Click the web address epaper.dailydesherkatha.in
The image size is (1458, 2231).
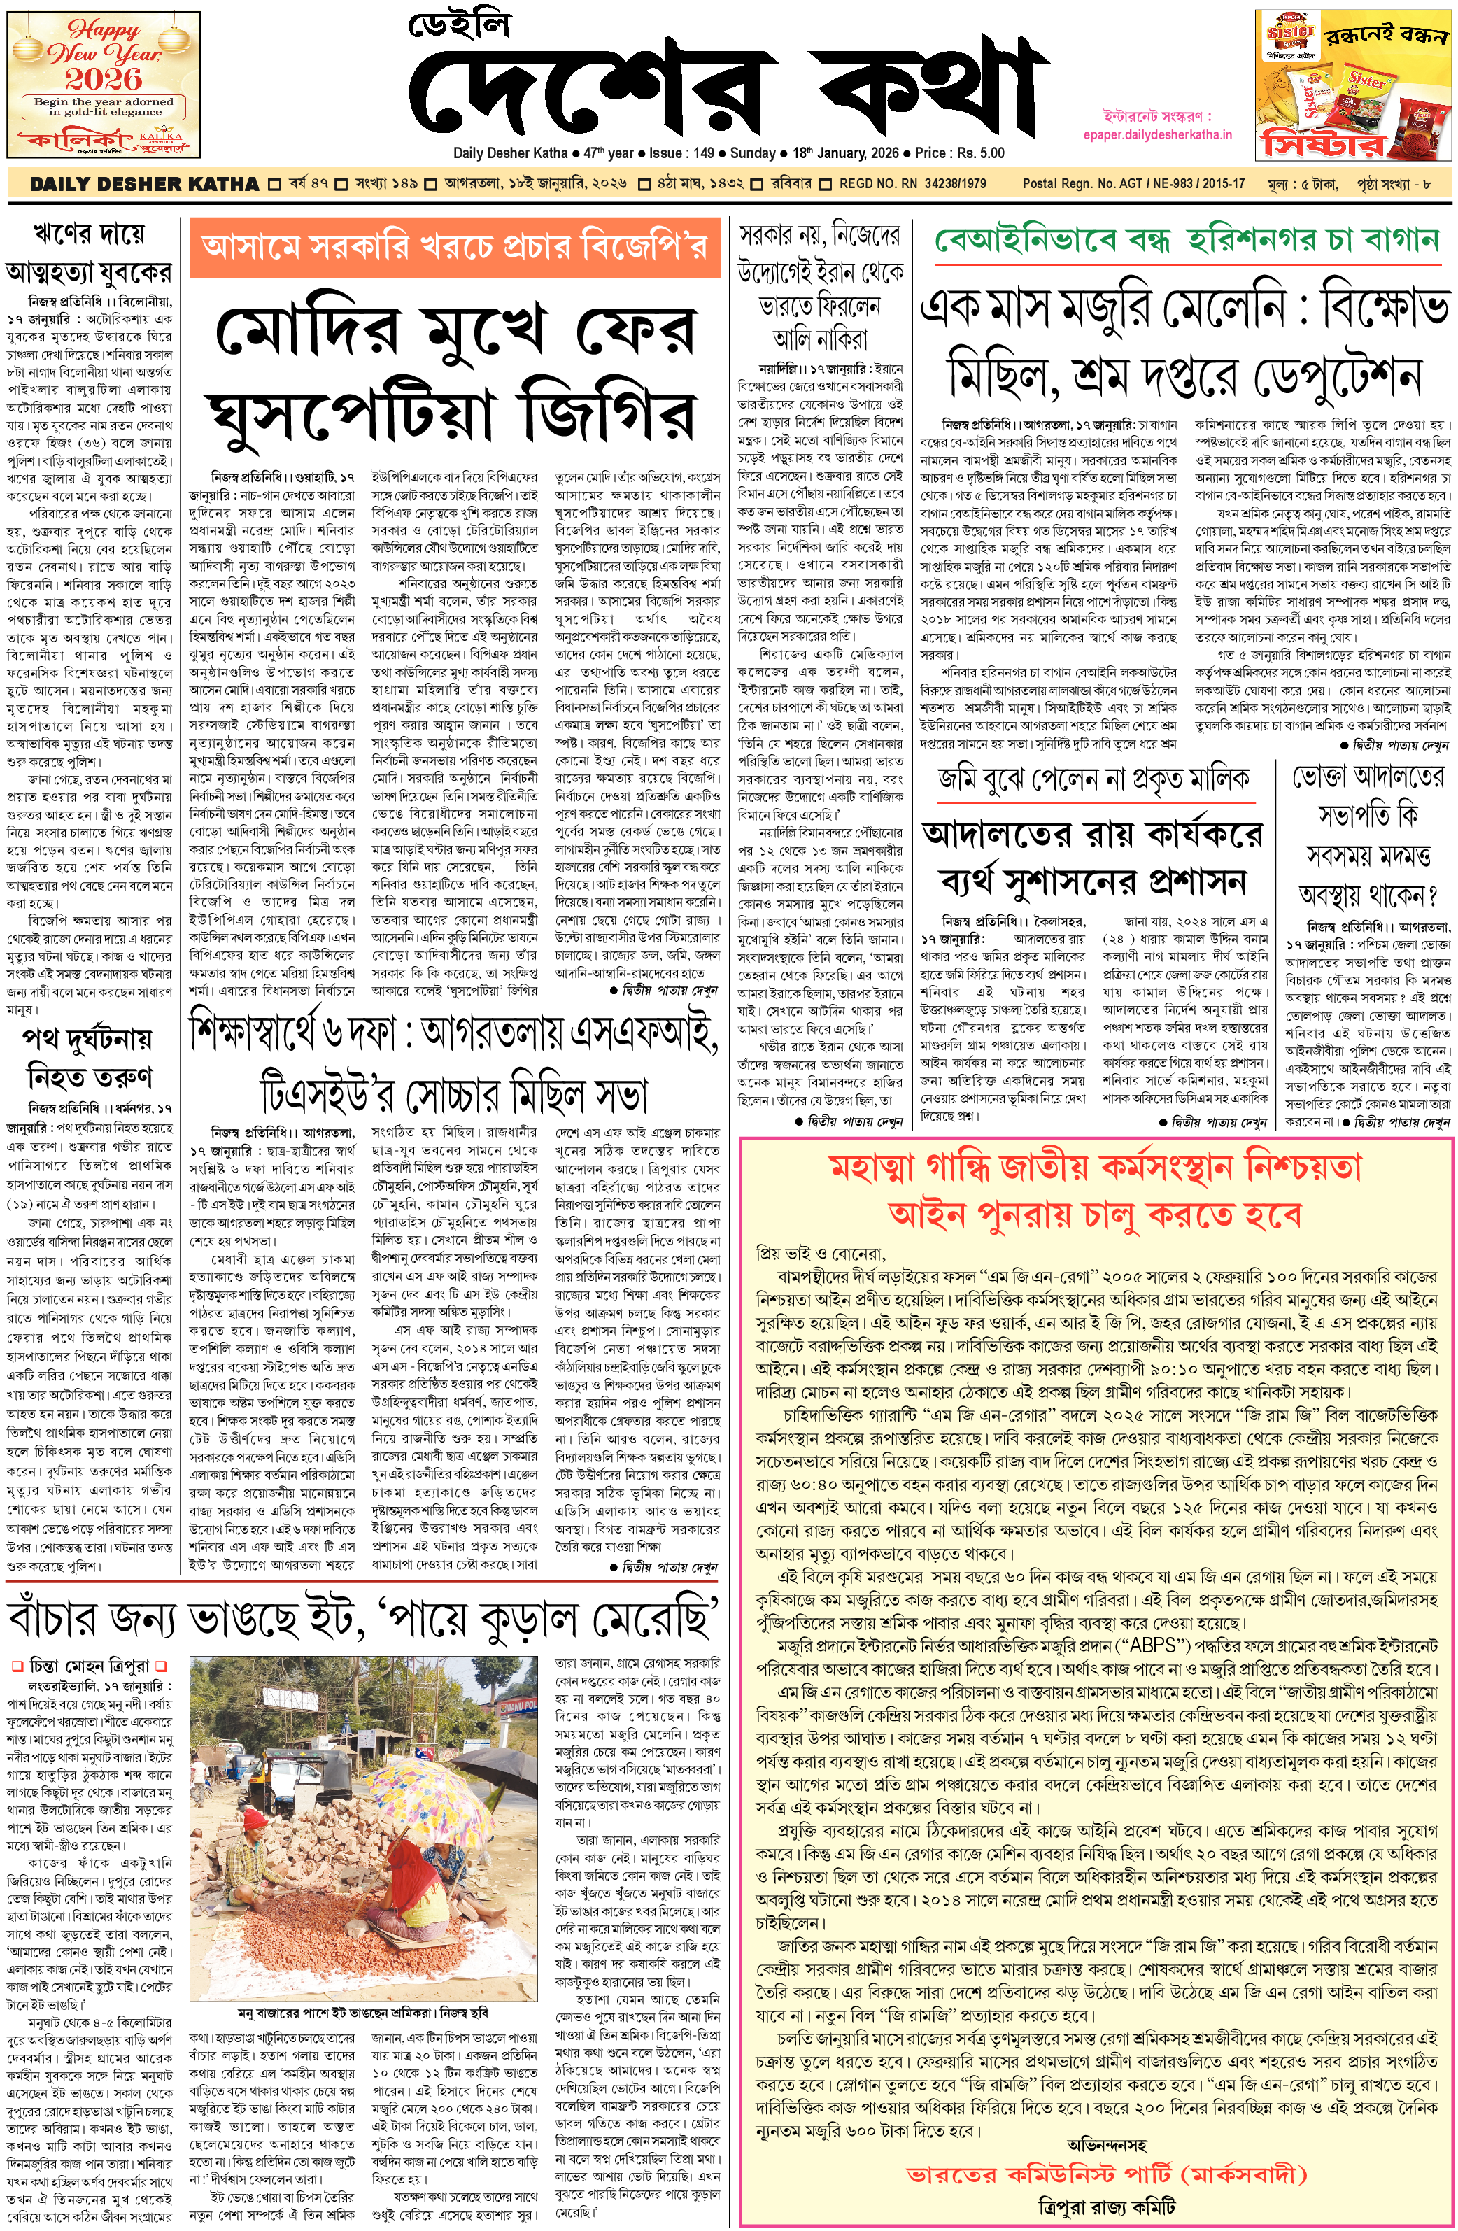coord(1157,134)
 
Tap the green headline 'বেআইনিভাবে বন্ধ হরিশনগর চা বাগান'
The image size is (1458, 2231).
coord(1186,240)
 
